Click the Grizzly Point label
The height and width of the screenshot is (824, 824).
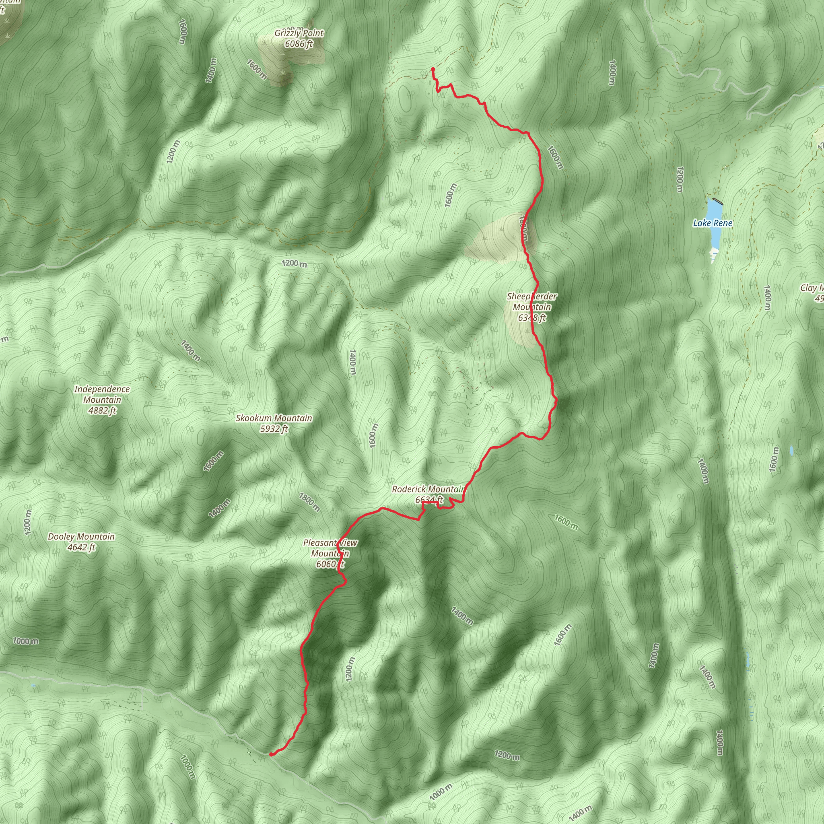299,33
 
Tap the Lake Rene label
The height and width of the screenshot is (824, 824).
712,223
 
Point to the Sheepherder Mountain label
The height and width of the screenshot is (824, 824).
532,301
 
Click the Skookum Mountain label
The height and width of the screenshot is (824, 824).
274,418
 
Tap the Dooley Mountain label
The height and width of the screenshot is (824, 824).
81,537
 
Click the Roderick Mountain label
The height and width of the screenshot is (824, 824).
428,489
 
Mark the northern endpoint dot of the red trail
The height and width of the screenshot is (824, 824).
433,69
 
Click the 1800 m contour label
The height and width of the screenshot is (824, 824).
309,503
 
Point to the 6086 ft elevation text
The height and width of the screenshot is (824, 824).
299,43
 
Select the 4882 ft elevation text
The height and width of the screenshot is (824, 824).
102,411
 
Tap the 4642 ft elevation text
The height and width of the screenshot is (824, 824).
81,548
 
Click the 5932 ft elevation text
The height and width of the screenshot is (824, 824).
274,429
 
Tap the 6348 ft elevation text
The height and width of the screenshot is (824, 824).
532,318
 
